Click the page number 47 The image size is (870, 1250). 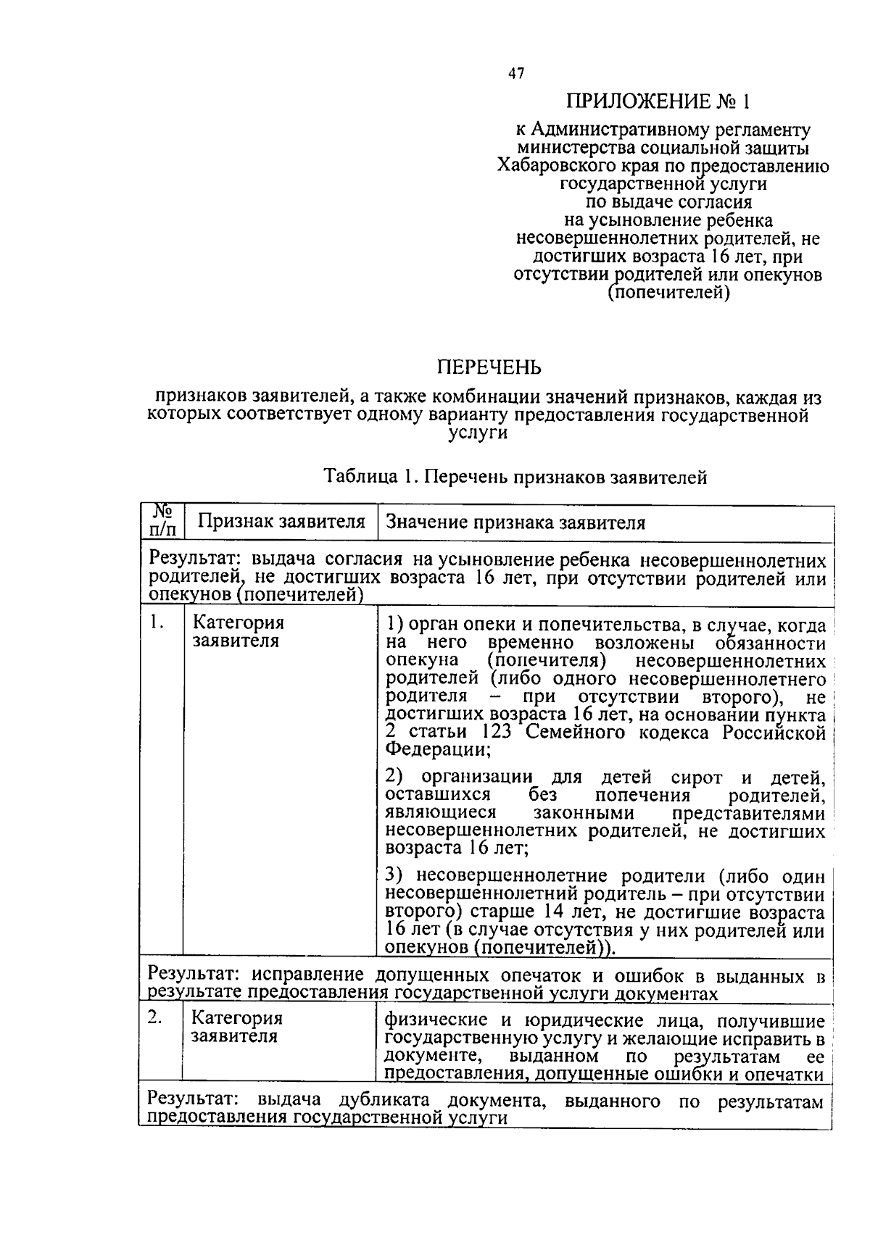pyautogui.click(x=516, y=73)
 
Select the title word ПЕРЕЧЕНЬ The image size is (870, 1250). pyautogui.click(x=489, y=368)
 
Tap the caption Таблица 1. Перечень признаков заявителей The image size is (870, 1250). pyautogui.click(x=515, y=477)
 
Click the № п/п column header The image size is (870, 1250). pyautogui.click(x=162, y=522)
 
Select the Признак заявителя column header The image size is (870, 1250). pyautogui.click(x=281, y=522)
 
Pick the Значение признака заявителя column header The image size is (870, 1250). pyautogui.click(x=515, y=523)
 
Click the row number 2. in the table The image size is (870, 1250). pyautogui.click(x=154, y=1017)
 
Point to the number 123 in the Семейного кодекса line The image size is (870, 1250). pyautogui.click(x=495, y=732)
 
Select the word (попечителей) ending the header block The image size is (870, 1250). pyautogui.click(x=668, y=293)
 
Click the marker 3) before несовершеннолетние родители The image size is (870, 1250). pyautogui.click(x=395, y=876)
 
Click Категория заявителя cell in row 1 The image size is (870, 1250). pyautogui.click(x=238, y=632)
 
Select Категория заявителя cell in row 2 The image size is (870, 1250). pyautogui.click(x=236, y=1027)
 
